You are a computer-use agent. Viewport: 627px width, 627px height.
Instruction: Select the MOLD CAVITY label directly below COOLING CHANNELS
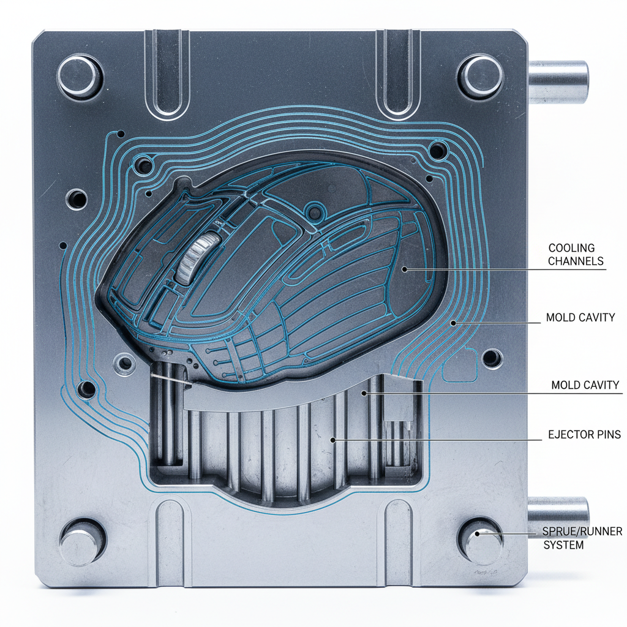coord(580,318)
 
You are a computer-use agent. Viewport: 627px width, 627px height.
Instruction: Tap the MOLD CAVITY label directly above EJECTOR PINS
coord(585,385)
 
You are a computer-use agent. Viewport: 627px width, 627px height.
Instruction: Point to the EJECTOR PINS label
coord(584,435)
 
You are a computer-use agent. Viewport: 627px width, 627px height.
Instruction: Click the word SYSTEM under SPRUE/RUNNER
coord(564,544)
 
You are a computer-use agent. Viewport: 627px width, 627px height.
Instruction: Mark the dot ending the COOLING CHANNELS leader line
coord(404,268)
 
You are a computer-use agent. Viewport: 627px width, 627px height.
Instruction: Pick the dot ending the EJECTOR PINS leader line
coord(332,439)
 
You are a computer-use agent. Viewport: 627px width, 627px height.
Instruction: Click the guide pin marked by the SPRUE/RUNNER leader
coord(481,534)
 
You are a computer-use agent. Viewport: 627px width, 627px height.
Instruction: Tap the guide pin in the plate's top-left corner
coord(80,76)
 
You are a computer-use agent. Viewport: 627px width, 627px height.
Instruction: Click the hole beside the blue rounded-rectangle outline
coord(491,357)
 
